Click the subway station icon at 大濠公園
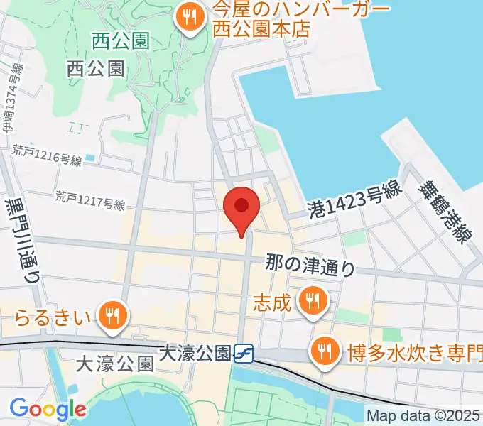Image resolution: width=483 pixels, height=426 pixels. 244,353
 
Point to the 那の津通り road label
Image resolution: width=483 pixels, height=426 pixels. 311,264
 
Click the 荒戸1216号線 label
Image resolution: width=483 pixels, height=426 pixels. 47,155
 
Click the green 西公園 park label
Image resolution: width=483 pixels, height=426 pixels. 121,41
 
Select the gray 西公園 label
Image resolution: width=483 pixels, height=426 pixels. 96,68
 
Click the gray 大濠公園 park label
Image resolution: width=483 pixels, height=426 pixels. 115,365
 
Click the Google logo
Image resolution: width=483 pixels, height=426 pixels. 47,409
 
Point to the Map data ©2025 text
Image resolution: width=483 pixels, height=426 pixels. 424,416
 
